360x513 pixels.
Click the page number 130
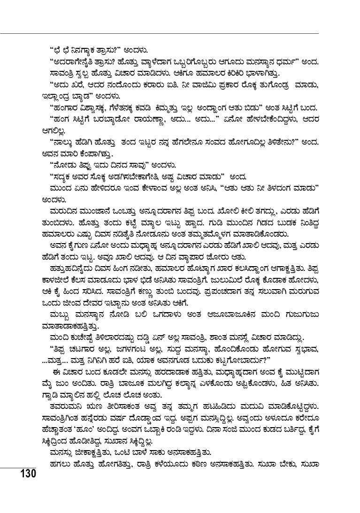point(28,472)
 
